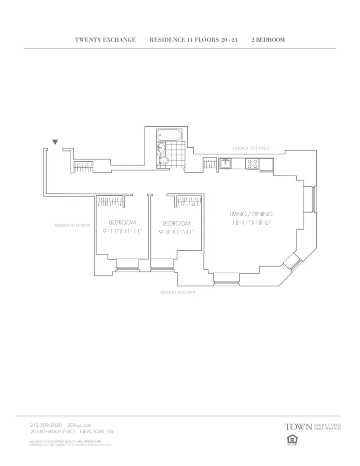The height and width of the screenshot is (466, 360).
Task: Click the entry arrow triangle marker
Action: click(x=55, y=142)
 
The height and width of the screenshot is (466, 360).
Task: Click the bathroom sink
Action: click(x=161, y=148)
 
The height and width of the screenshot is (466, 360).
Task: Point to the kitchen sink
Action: click(x=226, y=163)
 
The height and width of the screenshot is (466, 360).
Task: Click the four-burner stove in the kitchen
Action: click(x=252, y=164)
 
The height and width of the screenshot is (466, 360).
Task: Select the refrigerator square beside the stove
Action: click(x=266, y=164)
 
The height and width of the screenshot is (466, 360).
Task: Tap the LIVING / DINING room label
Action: click(x=251, y=214)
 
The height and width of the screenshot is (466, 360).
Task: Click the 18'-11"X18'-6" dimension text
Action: click(x=251, y=223)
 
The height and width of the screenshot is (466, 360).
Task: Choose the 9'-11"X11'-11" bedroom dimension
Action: click(x=122, y=231)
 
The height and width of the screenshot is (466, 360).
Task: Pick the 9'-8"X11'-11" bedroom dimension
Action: click(x=177, y=232)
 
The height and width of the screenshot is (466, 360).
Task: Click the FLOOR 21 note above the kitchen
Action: click(x=251, y=148)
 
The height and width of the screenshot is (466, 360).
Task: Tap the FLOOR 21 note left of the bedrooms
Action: click(x=72, y=226)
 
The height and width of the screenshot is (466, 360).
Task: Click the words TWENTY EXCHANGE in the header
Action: click(x=105, y=40)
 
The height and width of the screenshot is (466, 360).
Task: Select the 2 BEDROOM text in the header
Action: click(x=268, y=40)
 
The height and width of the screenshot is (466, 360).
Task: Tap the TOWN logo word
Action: click(x=298, y=426)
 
